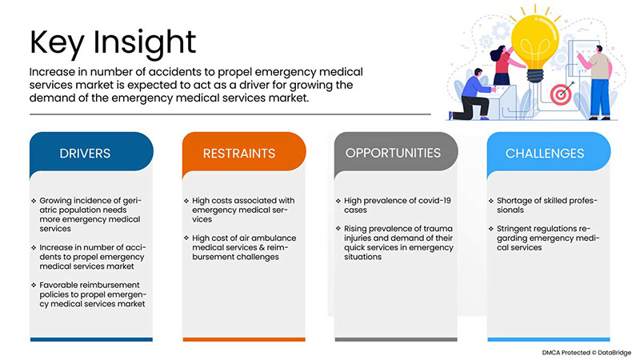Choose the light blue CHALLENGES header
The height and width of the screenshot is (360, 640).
(x=544, y=153)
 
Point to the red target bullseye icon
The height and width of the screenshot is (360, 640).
(x=560, y=94)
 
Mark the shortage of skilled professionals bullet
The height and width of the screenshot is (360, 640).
(x=544, y=206)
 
